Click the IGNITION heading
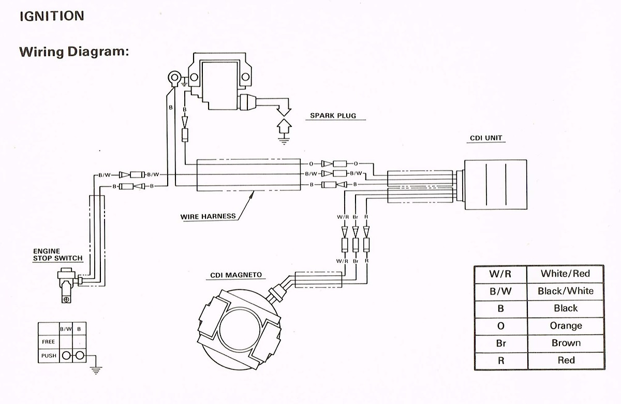click(51, 16)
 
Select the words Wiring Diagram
click(73, 52)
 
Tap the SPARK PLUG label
click(333, 115)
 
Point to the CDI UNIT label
click(485, 138)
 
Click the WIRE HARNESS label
click(208, 216)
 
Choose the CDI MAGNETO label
click(235, 275)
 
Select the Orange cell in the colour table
click(565, 325)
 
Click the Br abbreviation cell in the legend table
click(500, 343)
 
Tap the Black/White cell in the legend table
click(565, 291)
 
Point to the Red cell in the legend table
click(565, 360)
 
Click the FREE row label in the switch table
click(48, 342)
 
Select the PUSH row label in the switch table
click(48, 356)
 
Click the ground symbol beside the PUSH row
click(95, 369)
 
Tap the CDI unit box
click(495, 185)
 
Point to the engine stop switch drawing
click(66, 282)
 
